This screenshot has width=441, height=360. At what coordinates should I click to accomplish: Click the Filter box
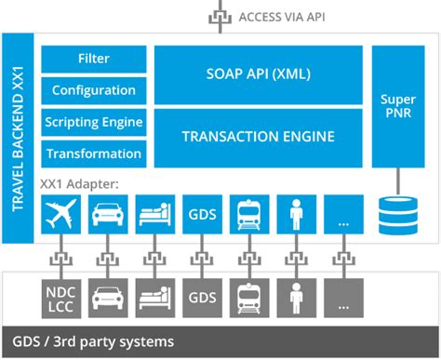(x=94, y=59)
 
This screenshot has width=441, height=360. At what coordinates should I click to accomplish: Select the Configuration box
(x=94, y=90)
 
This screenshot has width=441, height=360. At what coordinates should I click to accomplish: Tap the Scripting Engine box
(x=94, y=122)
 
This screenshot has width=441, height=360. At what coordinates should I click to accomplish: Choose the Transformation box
(x=94, y=153)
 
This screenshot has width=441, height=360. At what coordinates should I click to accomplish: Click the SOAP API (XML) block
(x=259, y=74)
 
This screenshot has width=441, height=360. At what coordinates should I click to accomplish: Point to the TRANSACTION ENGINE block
(x=259, y=138)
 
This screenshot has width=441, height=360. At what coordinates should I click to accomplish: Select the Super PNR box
(x=398, y=106)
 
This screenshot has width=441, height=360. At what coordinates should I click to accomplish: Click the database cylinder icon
(x=398, y=215)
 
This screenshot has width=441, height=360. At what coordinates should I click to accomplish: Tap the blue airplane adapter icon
(x=61, y=214)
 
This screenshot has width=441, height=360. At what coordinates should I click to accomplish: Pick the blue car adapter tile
(x=108, y=214)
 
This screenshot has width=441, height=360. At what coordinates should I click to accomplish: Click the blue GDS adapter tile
(x=202, y=214)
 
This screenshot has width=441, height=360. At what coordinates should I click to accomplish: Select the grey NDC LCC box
(x=61, y=299)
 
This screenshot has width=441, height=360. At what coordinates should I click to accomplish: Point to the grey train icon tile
(x=249, y=298)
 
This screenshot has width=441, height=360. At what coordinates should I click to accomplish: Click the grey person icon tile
(x=297, y=298)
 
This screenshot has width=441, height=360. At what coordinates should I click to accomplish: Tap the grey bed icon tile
(x=155, y=298)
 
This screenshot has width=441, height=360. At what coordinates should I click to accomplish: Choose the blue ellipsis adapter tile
(x=343, y=214)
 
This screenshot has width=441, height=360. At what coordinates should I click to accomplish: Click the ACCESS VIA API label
(x=282, y=17)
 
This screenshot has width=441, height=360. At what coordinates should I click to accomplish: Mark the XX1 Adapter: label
(x=79, y=184)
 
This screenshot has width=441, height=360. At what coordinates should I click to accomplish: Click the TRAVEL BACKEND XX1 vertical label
(x=18, y=139)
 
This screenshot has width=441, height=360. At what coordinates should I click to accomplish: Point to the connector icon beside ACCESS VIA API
(x=220, y=18)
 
